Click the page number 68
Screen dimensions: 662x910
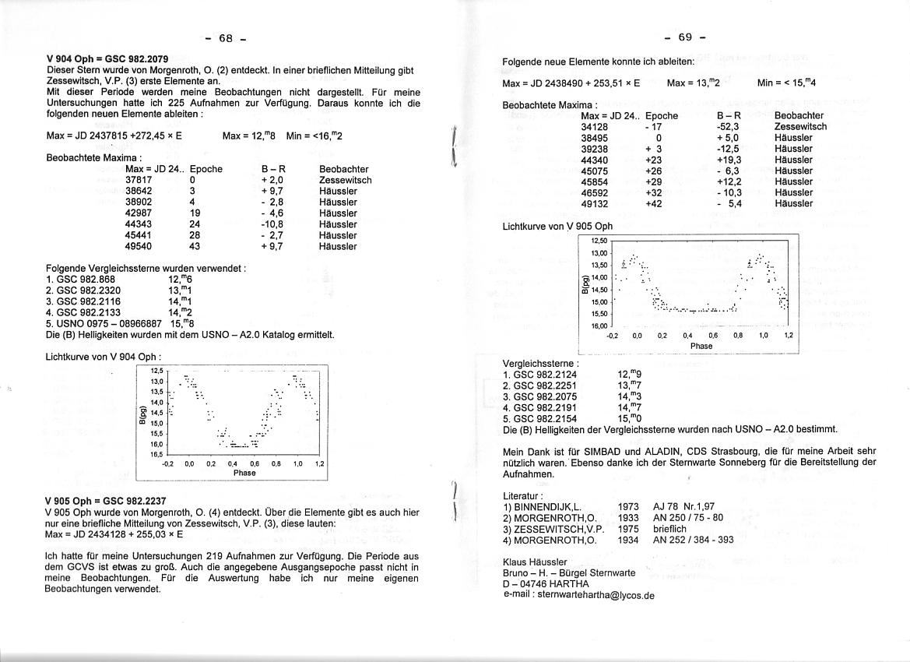point(226,38)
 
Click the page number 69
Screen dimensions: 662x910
point(685,37)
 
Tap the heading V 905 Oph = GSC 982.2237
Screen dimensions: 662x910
point(105,501)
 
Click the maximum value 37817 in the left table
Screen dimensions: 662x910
point(139,180)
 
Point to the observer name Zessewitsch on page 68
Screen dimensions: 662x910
point(345,180)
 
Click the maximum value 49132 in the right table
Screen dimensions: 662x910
point(595,203)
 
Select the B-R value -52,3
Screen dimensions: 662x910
point(728,126)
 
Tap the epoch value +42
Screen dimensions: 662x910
point(654,203)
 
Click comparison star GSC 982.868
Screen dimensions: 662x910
point(81,279)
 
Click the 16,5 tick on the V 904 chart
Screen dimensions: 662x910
point(156,454)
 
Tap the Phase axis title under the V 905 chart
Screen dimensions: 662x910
point(701,346)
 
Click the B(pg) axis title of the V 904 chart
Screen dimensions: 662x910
point(142,417)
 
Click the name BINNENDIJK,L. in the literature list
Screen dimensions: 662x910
point(547,506)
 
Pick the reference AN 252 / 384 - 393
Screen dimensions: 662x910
point(693,539)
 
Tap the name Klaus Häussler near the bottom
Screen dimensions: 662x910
point(536,562)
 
